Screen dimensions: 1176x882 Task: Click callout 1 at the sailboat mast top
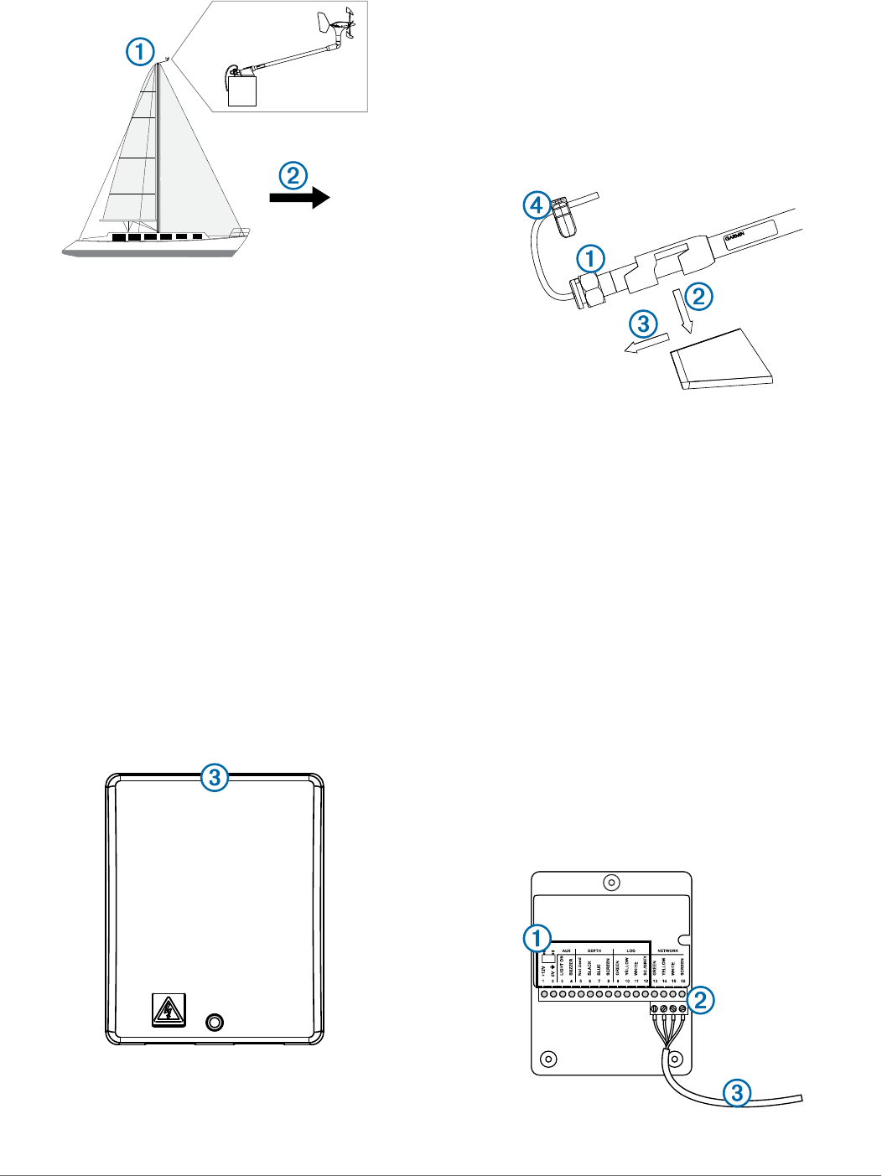(141, 53)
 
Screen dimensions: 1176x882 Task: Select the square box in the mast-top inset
(242, 91)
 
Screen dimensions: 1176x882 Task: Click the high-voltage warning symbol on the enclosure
(169, 1010)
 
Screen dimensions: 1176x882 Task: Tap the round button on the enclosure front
(215, 1022)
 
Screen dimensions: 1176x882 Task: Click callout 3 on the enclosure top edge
(215, 778)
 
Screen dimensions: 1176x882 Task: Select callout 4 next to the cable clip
(537, 205)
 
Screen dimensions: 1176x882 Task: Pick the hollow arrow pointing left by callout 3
(648, 345)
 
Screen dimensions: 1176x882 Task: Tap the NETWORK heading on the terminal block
(668, 951)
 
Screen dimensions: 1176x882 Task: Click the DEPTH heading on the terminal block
(594, 951)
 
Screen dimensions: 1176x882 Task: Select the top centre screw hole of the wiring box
(612, 883)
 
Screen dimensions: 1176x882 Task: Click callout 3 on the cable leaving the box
(737, 1092)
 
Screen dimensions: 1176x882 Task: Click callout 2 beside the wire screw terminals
(701, 999)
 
